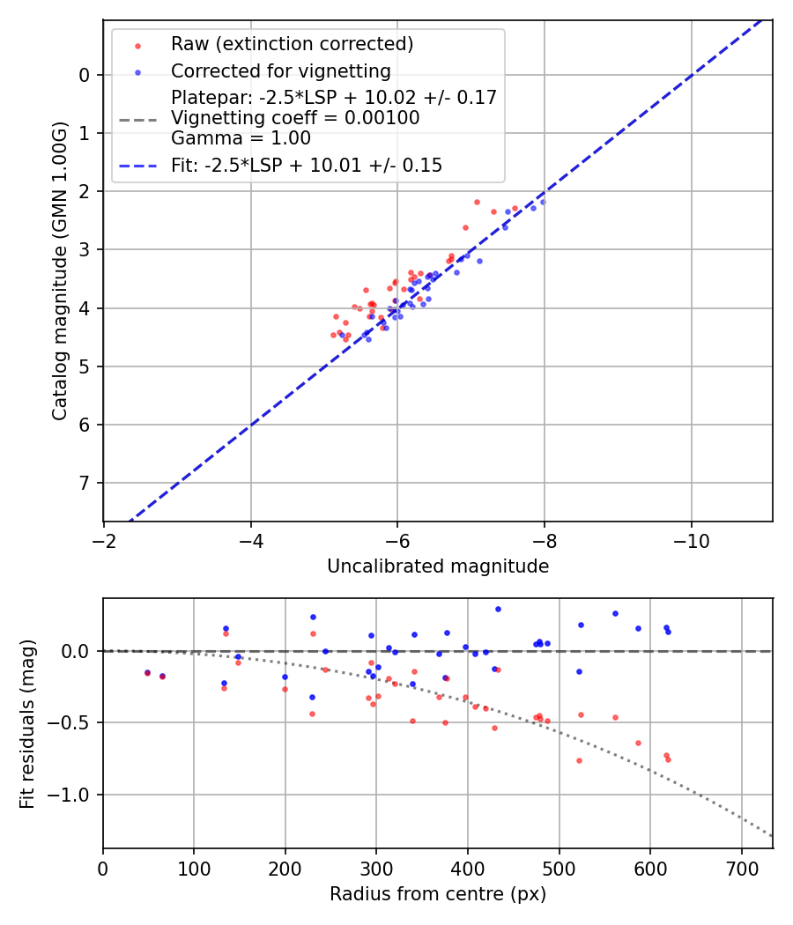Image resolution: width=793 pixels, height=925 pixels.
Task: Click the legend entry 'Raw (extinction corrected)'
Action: (292, 44)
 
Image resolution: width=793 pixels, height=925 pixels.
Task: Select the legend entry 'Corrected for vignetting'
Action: (281, 70)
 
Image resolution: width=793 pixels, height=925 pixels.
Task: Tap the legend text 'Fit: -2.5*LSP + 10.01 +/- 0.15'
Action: (307, 165)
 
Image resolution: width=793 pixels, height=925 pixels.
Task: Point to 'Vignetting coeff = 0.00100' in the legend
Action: (295, 117)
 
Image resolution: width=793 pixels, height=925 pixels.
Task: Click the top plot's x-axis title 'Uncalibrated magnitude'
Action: (438, 566)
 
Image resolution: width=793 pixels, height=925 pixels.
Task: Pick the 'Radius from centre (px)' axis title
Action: (438, 894)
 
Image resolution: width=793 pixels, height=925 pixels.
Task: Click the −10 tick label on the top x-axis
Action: (691, 538)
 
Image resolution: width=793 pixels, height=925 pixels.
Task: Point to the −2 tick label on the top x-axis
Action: (104, 538)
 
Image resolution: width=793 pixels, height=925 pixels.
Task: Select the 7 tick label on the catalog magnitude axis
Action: (85, 483)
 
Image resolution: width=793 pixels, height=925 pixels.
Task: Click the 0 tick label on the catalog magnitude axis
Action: (85, 75)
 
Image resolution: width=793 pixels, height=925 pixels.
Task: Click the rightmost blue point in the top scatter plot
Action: (543, 202)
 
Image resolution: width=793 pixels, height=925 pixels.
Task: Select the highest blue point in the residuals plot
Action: (498, 609)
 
